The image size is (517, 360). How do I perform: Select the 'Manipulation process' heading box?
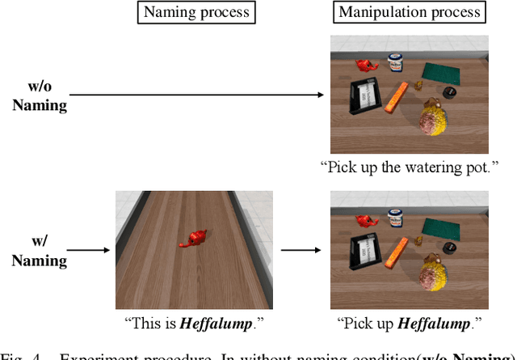[410, 12]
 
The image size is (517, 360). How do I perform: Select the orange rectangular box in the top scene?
[397, 99]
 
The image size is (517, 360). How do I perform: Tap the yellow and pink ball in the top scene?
[434, 121]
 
